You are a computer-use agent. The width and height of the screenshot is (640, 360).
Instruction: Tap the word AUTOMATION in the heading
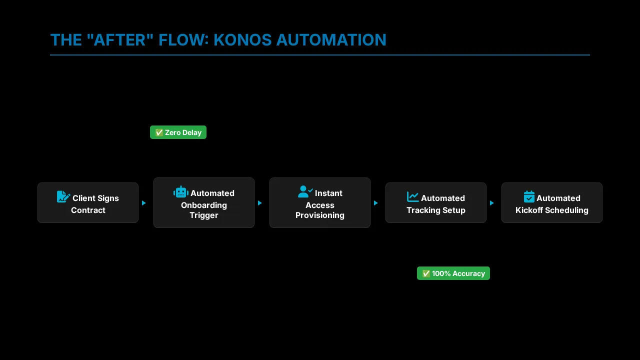(331, 40)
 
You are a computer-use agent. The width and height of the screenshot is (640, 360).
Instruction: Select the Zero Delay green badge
(178, 132)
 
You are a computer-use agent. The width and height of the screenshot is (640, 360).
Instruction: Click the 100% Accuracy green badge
(453, 273)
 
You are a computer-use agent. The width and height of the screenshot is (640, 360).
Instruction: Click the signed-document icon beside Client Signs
(63, 197)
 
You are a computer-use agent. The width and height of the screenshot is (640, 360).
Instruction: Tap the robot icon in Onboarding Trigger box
(181, 192)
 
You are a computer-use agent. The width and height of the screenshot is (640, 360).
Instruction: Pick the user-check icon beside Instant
(305, 192)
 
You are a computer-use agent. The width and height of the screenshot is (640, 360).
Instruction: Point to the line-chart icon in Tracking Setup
(412, 197)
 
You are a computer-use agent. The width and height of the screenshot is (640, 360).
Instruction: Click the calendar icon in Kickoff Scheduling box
(529, 197)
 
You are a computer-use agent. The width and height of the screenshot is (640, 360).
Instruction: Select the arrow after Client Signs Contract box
(144, 203)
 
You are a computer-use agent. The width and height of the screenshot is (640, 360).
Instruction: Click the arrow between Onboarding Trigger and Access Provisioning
(260, 203)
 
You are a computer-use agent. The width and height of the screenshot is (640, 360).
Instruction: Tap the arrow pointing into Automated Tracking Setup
(376, 203)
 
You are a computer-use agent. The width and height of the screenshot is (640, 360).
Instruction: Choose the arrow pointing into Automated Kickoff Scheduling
(492, 203)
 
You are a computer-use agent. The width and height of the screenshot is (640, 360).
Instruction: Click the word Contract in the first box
(88, 210)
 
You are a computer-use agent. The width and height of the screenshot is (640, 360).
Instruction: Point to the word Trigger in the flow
(203, 215)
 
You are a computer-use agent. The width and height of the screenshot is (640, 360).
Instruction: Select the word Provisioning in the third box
(319, 215)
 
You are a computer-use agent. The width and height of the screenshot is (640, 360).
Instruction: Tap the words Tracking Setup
(435, 210)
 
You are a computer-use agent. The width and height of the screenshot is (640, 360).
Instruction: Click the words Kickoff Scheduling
(551, 210)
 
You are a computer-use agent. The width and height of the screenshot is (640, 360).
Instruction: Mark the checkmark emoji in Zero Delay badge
(159, 132)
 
